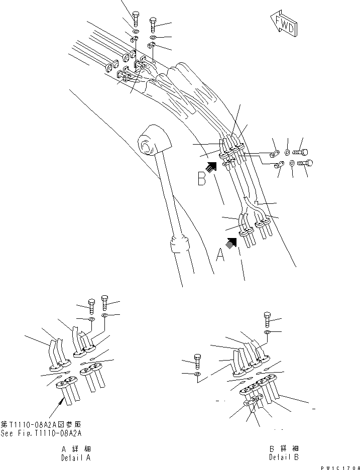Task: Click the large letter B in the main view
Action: (202, 179)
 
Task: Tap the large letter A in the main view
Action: (219, 256)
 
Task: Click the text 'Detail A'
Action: (76, 458)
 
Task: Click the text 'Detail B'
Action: (284, 458)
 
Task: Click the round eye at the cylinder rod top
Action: (148, 147)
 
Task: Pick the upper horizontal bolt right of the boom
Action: (301, 150)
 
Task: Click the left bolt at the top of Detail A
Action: (91, 305)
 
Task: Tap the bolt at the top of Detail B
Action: (267, 319)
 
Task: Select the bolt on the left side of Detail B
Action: (197, 360)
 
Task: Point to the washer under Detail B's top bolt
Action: (267, 332)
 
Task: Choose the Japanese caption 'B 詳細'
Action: (284, 448)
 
